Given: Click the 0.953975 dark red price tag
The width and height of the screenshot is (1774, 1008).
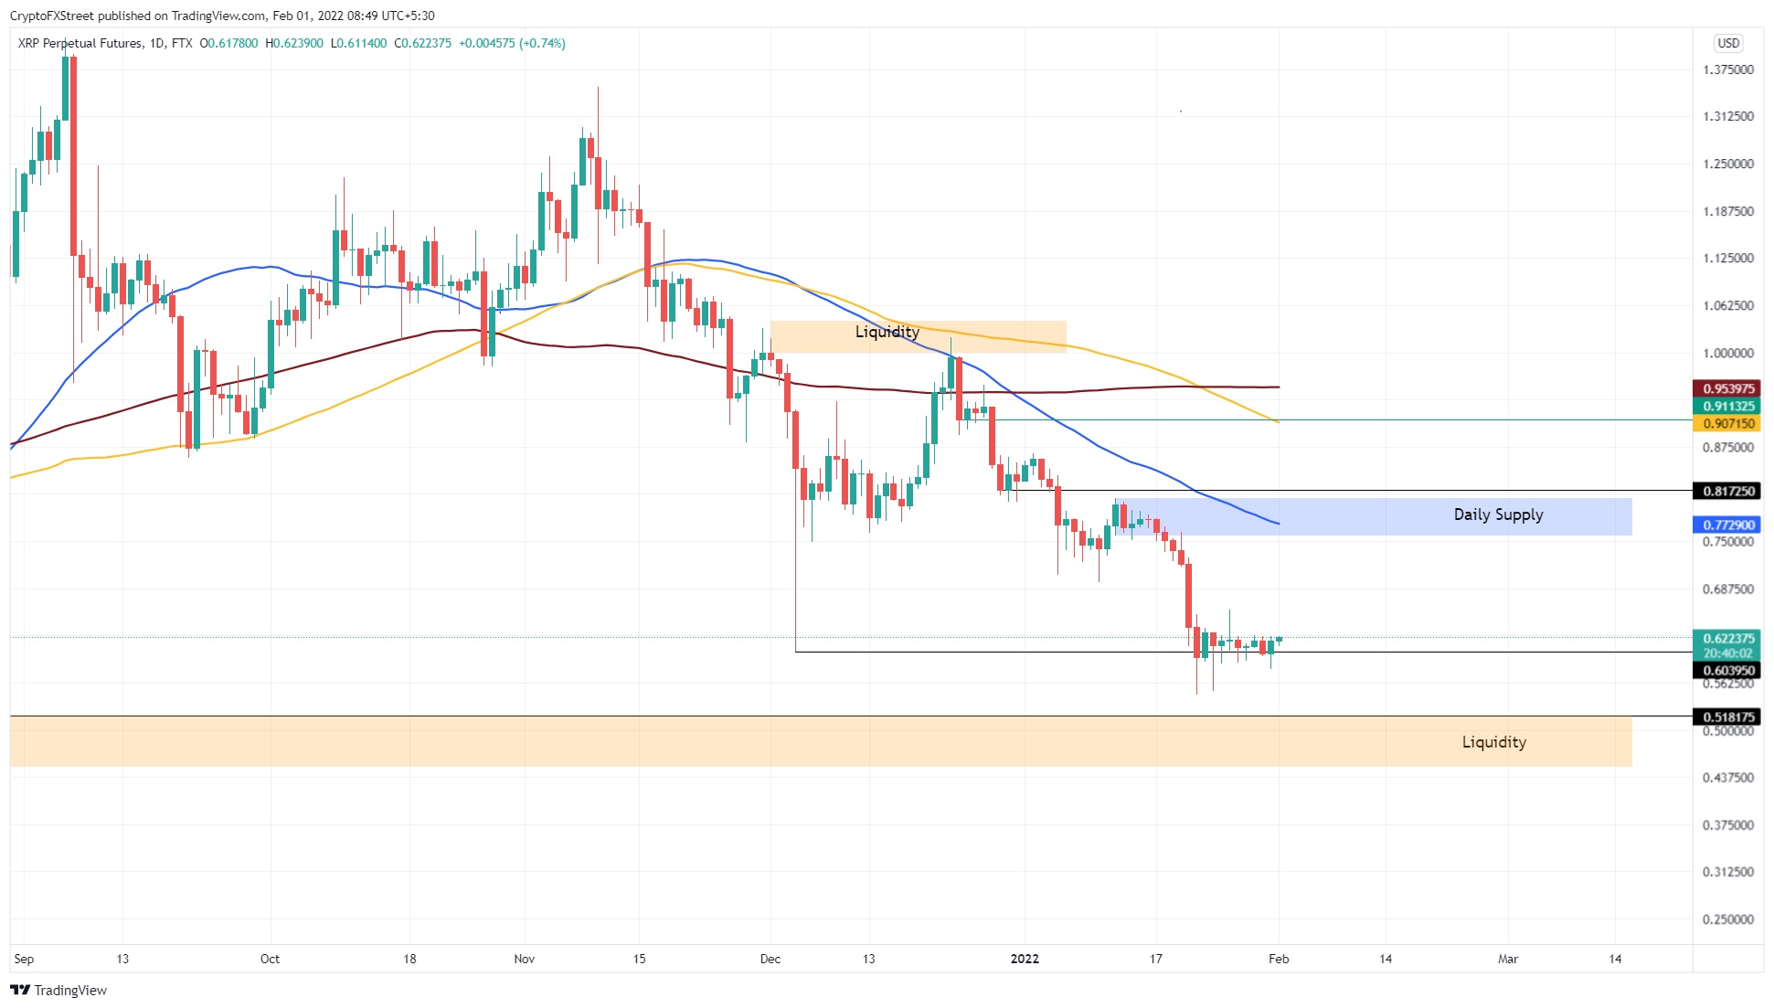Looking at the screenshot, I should click(x=1726, y=388).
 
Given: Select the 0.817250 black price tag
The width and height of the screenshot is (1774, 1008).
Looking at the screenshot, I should click(x=1726, y=491).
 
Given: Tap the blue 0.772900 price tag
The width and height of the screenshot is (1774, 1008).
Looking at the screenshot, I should click(x=1726, y=525).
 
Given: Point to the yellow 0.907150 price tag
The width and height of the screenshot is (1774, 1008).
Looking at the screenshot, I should click(x=1726, y=423).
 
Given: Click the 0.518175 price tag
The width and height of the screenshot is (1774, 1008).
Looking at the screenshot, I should click(x=1726, y=717).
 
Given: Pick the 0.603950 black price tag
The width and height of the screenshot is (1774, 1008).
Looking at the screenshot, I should click(x=1726, y=670).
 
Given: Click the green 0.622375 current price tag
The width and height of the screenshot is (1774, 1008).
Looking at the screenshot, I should click(x=1726, y=639).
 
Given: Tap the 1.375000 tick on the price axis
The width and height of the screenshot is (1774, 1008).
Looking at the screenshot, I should click(x=1727, y=69).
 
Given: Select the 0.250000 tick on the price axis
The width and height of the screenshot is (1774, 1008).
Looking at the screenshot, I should click(x=1727, y=919).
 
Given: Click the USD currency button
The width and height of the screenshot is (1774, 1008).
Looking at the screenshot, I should click(x=1727, y=43).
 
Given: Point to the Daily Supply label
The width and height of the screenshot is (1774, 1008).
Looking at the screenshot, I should click(x=1498, y=515).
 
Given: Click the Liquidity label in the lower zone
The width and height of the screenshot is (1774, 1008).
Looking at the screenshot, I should click(x=1493, y=742).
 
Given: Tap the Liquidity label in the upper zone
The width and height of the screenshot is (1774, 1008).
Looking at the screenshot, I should click(x=887, y=332).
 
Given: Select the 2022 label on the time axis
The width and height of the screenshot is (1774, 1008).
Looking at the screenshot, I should click(x=1025, y=959).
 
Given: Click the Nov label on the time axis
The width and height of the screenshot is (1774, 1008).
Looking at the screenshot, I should click(x=524, y=959).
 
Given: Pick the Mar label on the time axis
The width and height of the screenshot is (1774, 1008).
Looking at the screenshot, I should click(x=1507, y=959).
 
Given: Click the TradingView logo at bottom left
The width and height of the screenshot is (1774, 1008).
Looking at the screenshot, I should click(x=58, y=991).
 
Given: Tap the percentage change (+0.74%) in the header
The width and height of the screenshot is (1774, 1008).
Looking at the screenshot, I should click(x=542, y=43).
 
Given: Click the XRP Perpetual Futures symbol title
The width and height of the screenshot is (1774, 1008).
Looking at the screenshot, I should click(x=80, y=43).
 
